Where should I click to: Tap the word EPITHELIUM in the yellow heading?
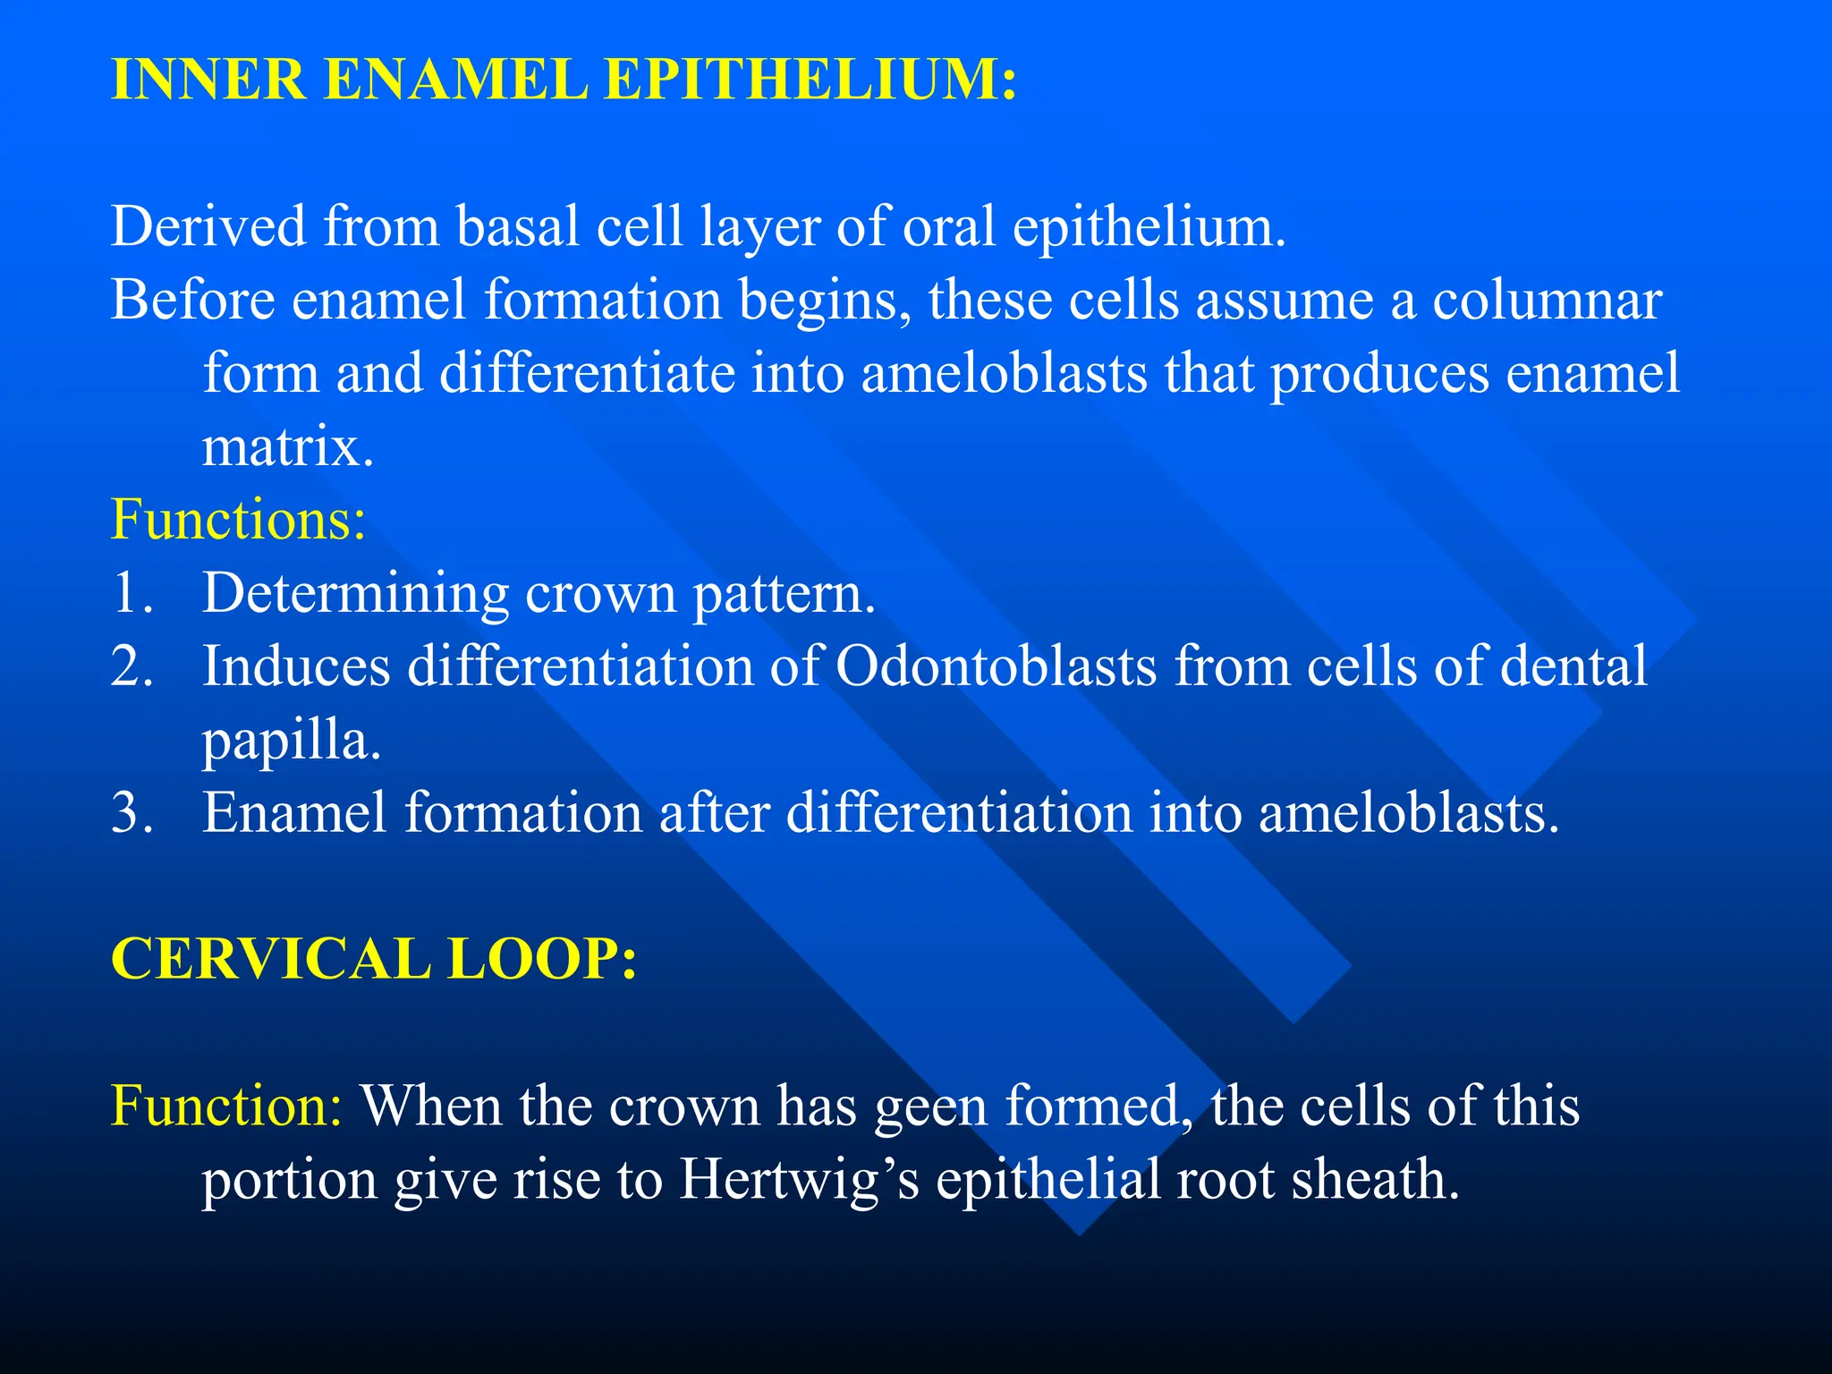pyautogui.click(x=810, y=79)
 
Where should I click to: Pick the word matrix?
pyautogui.click(x=287, y=446)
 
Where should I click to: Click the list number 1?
pyautogui.click(x=131, y=593)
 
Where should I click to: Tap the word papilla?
pyautogui.click(x=292, y=742)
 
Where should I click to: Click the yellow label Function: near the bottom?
pyautogui.click(x=226, y=1106)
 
